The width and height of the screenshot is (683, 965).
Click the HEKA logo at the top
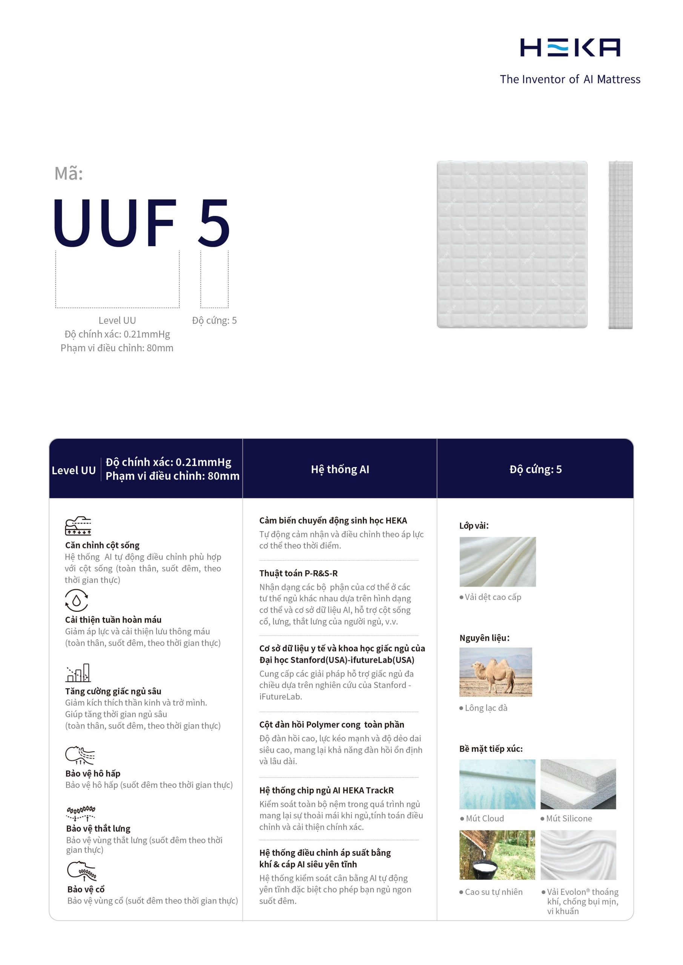point(570,47)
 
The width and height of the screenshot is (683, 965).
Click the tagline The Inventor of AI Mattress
point(570,80)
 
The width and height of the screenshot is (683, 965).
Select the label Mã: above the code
point(69,173)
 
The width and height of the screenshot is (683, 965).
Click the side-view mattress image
point(620,245)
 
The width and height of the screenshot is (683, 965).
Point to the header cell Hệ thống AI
point(340,469)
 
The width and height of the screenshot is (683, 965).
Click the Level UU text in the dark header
point(74,470)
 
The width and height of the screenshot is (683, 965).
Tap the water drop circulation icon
point(77,600)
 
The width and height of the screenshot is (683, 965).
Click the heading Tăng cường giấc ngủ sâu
point(113,691)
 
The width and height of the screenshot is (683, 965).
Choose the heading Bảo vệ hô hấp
point(93,774)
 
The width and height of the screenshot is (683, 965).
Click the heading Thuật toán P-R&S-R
point(298,573)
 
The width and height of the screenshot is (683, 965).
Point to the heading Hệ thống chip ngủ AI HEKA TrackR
point(326,790)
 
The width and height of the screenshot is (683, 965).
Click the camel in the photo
point(494,673)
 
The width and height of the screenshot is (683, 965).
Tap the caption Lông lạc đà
point(486,708)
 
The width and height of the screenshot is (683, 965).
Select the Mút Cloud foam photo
point(497,784)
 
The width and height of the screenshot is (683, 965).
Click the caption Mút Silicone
point(569,818)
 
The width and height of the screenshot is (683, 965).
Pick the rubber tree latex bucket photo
point(497,855)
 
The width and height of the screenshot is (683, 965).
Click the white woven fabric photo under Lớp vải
point(497,562)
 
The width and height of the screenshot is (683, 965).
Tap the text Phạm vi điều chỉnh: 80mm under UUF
point(117,348)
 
